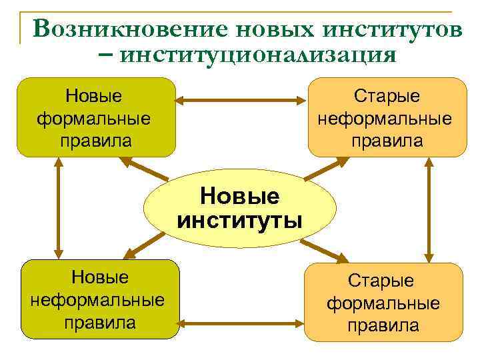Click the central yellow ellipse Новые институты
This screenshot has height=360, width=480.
240,209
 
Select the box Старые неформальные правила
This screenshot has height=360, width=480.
387,118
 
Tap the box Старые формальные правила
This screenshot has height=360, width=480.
383,302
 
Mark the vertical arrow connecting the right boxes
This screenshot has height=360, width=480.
429,209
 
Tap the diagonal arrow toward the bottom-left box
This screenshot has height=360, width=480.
145,246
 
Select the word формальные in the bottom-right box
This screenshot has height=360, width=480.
383,303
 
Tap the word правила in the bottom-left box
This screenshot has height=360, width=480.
100,323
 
